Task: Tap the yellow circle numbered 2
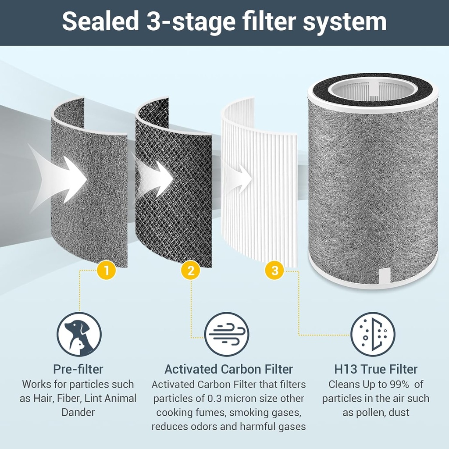tap(191, 271)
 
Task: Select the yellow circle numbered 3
tap(275, 271)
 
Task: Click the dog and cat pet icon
tap(79, 334)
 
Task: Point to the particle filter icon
tap(373, 334)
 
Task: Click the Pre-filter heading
tap(78, 369)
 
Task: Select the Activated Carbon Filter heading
tap(228, 369)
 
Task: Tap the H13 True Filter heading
tap(375, 369)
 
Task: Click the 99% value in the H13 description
tap(399, 385)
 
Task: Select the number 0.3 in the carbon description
tap(217, 399)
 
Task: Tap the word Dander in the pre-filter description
tap(78, 413)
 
